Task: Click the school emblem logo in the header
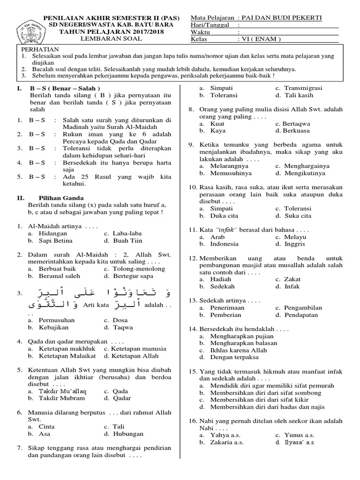point(26,29)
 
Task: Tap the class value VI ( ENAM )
point(260,39)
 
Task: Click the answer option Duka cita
point(225,216)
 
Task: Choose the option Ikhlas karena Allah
point(237,350)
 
